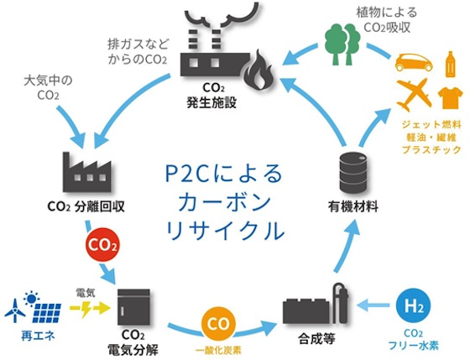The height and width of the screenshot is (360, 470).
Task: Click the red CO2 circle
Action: click(x=102, y=245)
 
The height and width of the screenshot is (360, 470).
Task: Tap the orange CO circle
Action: click(x=218, y=324)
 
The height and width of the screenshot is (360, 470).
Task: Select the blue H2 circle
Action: click(x=413, y=306)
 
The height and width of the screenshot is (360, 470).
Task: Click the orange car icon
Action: click(x=414, y=62)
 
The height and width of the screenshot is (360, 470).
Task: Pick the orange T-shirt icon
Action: click(x=450, y=97)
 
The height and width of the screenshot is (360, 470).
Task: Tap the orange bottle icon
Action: click(x=450, y=64)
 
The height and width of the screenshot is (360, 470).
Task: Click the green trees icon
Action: click(x=342, y=44)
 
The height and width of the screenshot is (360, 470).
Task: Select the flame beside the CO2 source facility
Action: click(x=258, y=70)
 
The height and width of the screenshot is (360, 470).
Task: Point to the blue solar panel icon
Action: click(x=47, y=313)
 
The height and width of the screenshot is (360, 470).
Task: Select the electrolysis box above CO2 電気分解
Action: click(x=133, y=307)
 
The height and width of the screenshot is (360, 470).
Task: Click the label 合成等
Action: click(x=316, y=339)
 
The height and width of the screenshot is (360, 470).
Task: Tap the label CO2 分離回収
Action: click(x=86, y=206)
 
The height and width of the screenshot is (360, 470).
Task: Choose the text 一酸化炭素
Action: click(x=218, y=350)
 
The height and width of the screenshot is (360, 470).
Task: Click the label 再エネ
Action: click(x=38, y=336)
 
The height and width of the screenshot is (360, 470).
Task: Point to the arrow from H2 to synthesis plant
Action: click(x=373, y=305)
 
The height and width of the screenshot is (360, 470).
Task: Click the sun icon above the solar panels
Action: click(x=31, y=298)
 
